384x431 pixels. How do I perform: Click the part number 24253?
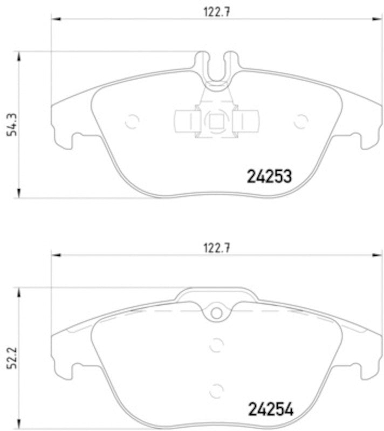pos(269,176)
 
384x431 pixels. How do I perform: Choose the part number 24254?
pos(269,410)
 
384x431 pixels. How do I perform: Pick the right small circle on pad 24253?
pos(300,122)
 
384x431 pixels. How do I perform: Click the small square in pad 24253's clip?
pos(216,121)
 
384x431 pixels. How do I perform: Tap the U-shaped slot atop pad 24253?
pos(216,67)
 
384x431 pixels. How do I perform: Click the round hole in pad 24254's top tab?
pos(216,313)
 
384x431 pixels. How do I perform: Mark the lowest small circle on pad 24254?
pos(216,390)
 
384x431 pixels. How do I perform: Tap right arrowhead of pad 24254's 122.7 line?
pos(378,255)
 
